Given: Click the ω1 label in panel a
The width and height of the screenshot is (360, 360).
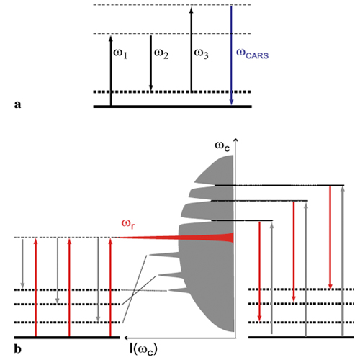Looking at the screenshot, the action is pyautogui.click(x=120, y=54).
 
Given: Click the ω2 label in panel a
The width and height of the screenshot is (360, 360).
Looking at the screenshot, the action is pyautogui.click(x=161, y=54).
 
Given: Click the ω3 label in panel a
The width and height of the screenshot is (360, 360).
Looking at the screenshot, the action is pyautogui.click(x=201, y=54).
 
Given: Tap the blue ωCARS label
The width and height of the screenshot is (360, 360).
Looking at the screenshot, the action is pyautogui.click(x=252, y=54).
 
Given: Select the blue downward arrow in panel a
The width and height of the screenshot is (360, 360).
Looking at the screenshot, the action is pyautogui.click(x=231, y=55).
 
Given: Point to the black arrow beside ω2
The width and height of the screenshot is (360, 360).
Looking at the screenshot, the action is pyautogui.click(x=150, y=63).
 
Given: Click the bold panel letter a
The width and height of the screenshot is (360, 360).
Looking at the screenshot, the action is pyautogui.click(x=17, y=104).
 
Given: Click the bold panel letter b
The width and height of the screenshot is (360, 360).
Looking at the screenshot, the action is pyautogui.click(x=18, y=348).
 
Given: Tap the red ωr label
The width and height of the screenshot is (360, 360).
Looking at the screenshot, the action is pyautogui.click(x=128, y=224).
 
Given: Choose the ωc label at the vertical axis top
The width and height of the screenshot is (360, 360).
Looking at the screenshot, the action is pyautogui.click(x=222, y=146).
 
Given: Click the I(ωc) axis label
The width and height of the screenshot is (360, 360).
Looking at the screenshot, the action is pyautogui.click(x=143, y=349).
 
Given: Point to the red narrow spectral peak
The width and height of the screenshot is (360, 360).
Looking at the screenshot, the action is pyautogui.click(x=174, y=238).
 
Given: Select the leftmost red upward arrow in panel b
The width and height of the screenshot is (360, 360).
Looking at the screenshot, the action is pyautogui.click(x=36, y=287).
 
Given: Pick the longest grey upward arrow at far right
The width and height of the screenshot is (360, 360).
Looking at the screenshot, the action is pyautogui.click(x=343, y=261).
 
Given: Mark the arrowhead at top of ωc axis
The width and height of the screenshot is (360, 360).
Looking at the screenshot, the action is pyautogui.click(x=236, y=141).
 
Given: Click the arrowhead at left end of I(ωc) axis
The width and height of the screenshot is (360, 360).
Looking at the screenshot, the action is pyautogui.click(x=126, y=338).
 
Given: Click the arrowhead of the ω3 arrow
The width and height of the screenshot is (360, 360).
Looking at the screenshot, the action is pyautogui.click(x=192, y=10).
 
